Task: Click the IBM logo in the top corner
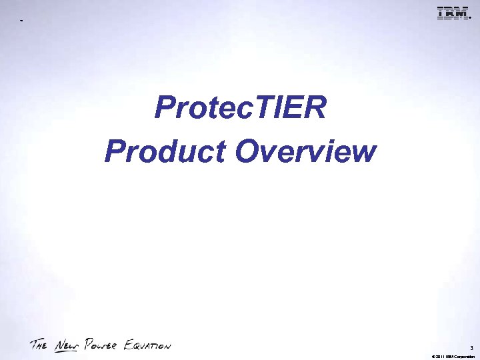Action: (451, 13)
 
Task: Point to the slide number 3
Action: (471, 347)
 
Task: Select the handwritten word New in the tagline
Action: (65, 345)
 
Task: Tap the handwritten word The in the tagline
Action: (39, 345)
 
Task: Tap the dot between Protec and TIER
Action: (251, 119)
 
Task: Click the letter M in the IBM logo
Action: (459, 13)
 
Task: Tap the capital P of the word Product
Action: (114, 152)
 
